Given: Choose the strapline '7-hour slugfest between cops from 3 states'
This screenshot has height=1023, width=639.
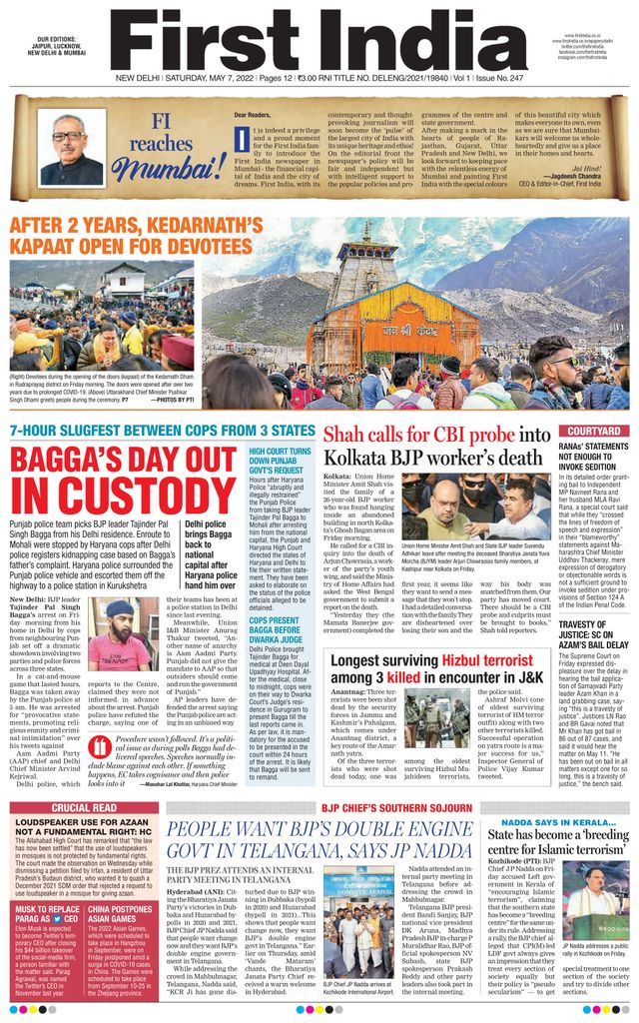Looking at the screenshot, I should pyautogui.click(x=162, y=432).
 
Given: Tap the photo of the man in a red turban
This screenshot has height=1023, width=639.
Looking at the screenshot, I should pyautogui.click(x=115, y=636).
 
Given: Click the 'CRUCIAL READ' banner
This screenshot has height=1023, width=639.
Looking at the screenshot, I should pyautogui.click(x=84, y=807).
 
